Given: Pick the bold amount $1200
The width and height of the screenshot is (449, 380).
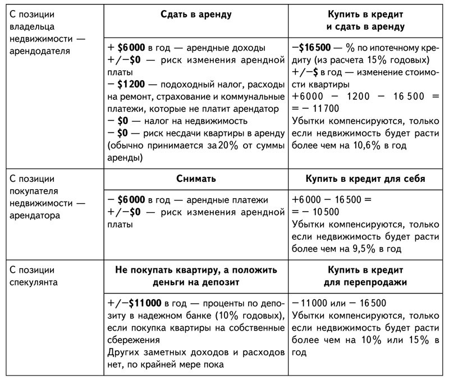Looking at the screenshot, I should (x=134, y=84).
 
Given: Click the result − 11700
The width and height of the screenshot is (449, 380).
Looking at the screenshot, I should (x=318, y=109).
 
